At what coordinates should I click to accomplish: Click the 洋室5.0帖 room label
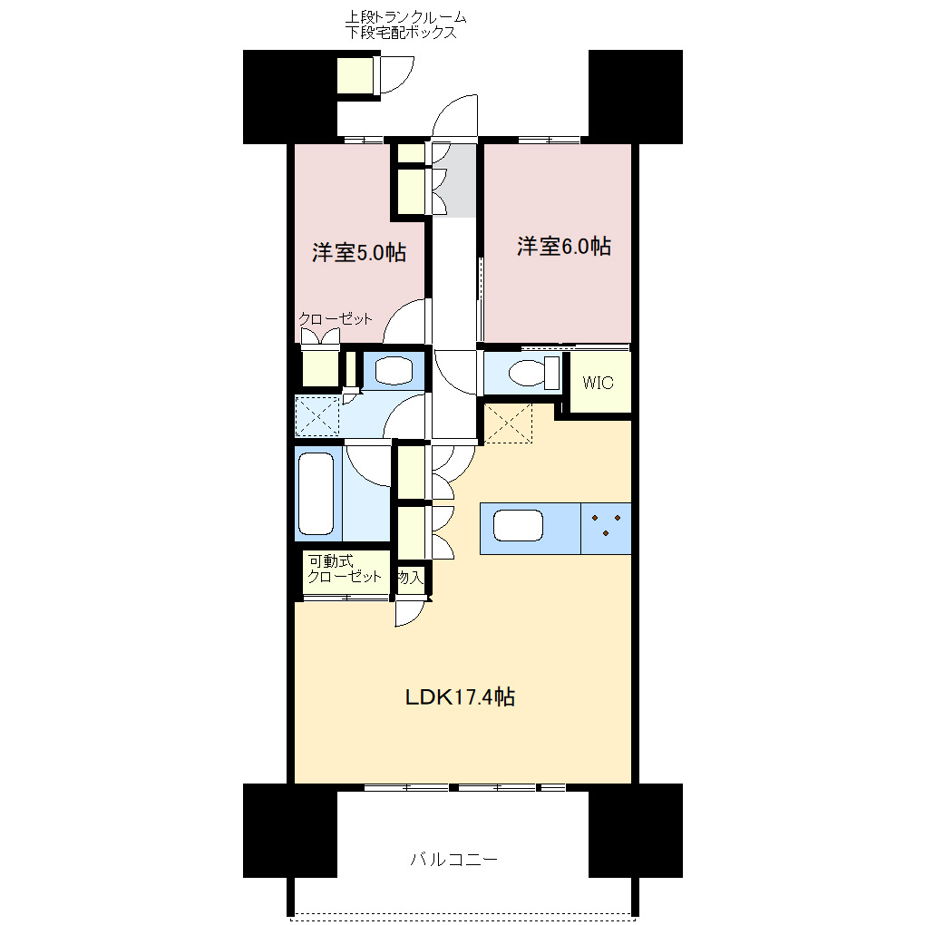click(358, 253)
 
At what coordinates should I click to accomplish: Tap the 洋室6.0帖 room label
click(563, 247)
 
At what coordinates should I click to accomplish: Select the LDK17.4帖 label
click(460, 697)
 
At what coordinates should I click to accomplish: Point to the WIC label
click(598, 383)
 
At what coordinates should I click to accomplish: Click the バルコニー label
click(453, 859)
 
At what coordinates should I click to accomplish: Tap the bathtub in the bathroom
click(316, 494)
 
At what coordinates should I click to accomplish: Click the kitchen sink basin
click(518, 526)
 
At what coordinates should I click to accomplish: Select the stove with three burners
click(605, 526)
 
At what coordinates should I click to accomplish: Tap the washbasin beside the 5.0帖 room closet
click(394, 370)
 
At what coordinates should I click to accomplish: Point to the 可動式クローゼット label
click(344, 569)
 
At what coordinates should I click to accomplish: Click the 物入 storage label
click(410, 577)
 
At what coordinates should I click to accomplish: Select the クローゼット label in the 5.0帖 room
click(336, 319)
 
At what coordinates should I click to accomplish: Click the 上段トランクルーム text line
click(405, 17)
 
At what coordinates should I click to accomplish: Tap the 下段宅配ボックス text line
click(400, 34)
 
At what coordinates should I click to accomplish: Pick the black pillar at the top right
click(635, 97)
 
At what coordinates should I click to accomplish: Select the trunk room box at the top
click(355, 75)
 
